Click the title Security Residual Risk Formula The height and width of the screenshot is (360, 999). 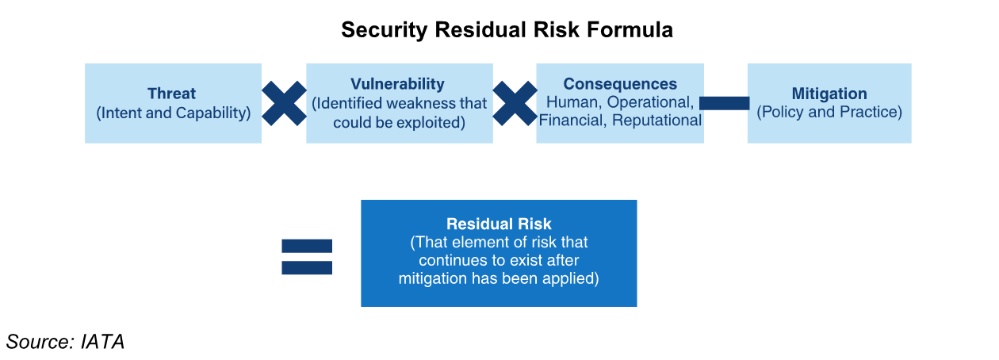pyautogui.click(x=507, y=30)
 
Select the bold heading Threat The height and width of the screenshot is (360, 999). pyautogui.click(x=171, y=94)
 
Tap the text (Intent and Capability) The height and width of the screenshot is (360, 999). pyautogui.click(x=173, y=113)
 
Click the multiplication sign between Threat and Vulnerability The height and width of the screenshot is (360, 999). pyautogui.click(x=284, y=103)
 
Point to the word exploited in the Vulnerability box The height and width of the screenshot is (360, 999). pyautogui.click(x=435, y=123)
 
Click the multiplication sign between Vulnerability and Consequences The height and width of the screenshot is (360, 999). pyautogui.click(x=515, y=103)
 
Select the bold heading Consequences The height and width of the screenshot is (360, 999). pyautogui.click(x=620, y=84)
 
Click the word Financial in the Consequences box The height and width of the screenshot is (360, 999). pyautogui.click(x=570, y=121)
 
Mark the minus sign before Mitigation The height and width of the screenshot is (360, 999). pyautogui.click(x=725, y=103)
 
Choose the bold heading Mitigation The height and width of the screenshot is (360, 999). pyautogui.click(x=829, y=94)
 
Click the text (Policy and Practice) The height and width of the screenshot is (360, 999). pyautogui.click(x=829, y=113)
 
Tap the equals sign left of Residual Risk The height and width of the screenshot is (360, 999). pyautogui.click(x=307, y=257)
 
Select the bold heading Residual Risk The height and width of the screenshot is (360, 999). pyautogui.click(x=499, y=224)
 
